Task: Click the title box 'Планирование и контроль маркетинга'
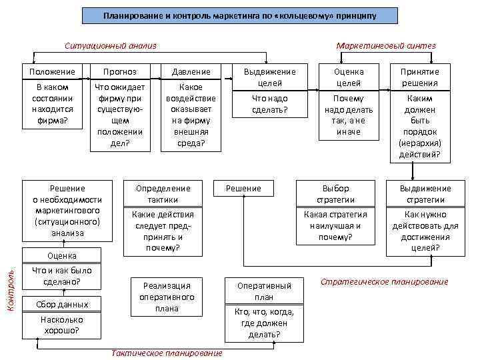(x=239, y=15)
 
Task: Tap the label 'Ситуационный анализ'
(x=111, y=46)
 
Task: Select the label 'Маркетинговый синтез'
(x=386, y=46)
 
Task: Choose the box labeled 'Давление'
(x=191, y=71)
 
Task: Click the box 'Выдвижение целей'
(x=270, y=77)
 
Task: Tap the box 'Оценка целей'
(x=348, y=77)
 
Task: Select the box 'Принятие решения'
(x=420, y=77)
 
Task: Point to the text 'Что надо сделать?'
(x=270, y=104)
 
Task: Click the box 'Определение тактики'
(x=163, y=194)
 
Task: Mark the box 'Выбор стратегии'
(x=336, y=194)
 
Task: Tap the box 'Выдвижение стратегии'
(x=425, y=194)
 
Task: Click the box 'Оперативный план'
(x=264, y=291)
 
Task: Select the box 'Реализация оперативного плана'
(x=163, y=297)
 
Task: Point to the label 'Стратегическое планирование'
(x=385, y=282)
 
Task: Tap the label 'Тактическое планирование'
(x=167, y=353)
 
